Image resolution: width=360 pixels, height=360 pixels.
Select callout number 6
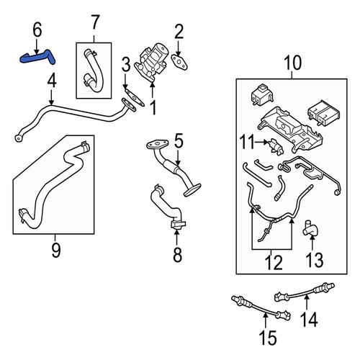tap(37, 30)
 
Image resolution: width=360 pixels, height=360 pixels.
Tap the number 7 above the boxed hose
tap(95, 22)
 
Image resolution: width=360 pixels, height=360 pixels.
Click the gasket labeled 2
tap(179, 62)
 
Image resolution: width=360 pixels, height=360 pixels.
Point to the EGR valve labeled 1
tap(150, 63)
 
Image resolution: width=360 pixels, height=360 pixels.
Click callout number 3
tap(126, 65)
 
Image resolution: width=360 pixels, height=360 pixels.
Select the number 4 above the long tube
tap(52, 81)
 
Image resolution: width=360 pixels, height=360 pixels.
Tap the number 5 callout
tap(179, 141)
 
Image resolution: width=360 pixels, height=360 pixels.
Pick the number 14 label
tap(309, 319)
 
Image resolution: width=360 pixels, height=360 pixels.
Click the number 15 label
tap(268, 338)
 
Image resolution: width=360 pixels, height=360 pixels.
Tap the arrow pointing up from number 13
tap(312, 243)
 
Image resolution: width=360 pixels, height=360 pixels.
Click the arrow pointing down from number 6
tap(37, 46)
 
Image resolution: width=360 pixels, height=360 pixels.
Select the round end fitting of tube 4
tap(18, 138)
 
